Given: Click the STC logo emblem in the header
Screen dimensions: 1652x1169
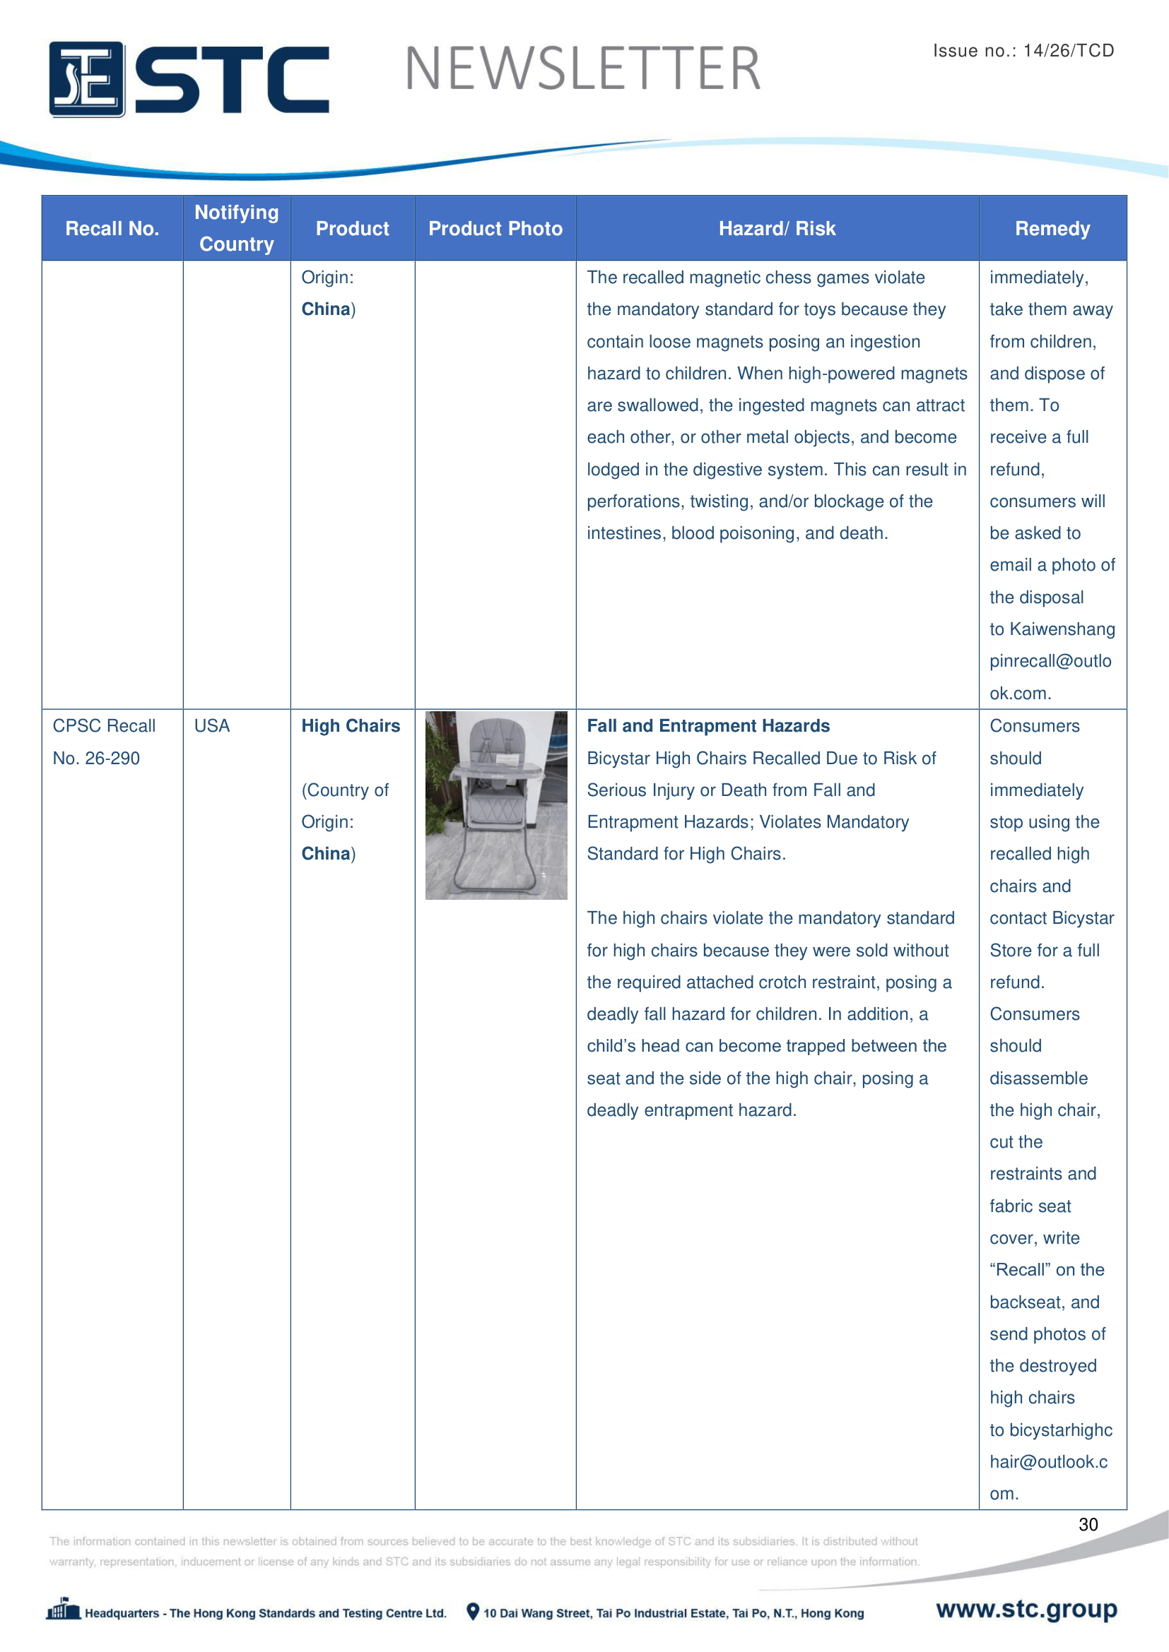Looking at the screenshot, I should (x=86, y=79).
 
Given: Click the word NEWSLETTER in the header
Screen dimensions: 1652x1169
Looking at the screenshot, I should (x=582, y=69).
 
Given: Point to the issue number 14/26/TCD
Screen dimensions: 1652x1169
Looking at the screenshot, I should (x=1068, y=50).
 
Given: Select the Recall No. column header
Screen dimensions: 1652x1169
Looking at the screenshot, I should (x=112, y=229).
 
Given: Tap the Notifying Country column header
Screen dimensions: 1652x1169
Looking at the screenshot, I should (x=236, y=228).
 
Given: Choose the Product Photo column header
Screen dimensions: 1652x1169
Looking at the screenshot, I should (x=495, y=229).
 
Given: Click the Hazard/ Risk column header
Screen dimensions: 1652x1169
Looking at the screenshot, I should (x=777, y=229).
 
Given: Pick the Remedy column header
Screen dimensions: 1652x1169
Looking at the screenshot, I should (x=1052, y=229).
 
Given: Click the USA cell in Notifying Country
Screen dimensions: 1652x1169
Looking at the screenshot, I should (x=211, y=726).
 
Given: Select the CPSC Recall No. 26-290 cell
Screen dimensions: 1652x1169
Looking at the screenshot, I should (x=104, y=742).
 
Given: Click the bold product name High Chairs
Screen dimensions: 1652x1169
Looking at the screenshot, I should (x=351, y=726).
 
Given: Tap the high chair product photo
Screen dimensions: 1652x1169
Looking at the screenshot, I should (x=496, y=805).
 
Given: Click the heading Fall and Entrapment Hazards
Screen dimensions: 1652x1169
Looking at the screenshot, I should (x=707, y=726).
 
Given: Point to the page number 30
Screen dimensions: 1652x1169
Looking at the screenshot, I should (x=1088, y=1524).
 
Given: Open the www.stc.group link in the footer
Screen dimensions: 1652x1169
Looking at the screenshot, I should (x=1026, y=1609).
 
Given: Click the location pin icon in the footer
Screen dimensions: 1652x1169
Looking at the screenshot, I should (x=472, y=1612).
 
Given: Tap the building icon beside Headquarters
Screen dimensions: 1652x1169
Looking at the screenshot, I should (x=64, y=1610).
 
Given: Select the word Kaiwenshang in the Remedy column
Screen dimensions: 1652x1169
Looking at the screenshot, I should (x=1062, y=629).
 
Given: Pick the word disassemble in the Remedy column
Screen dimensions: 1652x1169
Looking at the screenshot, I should (x=1038, y=1078).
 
